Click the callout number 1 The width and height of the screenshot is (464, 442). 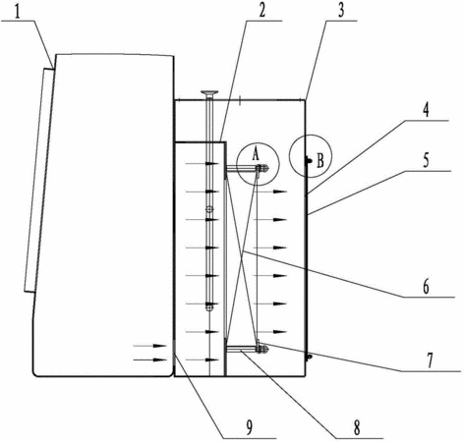tap(17, 12)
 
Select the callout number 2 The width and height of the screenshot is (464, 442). tap(261, 11)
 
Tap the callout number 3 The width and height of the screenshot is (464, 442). tap(341, 11)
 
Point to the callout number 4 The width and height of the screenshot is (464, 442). tap(425, 110)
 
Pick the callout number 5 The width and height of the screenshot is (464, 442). tap(426, 160)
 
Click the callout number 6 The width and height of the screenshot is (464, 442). tap(426, 287)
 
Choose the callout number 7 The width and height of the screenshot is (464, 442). tap(430, 360)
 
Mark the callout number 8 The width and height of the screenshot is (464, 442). tap(357, 427)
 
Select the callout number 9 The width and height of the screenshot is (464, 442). tap(250, 427)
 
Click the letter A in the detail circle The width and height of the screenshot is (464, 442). tap(256, 153)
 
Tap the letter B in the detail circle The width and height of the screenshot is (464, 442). tap(320, 161)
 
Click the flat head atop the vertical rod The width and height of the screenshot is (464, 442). tap(210, 93)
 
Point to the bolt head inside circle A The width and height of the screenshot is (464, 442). tap(262, 169)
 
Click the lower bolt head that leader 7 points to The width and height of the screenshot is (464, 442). tap(262, 349)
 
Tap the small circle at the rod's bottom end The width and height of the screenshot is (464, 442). tap(209, 307)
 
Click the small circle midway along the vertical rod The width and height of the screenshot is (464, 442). tap(209, 209)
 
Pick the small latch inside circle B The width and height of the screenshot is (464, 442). tap(308, 161)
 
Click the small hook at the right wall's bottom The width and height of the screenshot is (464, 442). tap(308, 357)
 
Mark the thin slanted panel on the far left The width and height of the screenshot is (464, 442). tap(37, 180)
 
